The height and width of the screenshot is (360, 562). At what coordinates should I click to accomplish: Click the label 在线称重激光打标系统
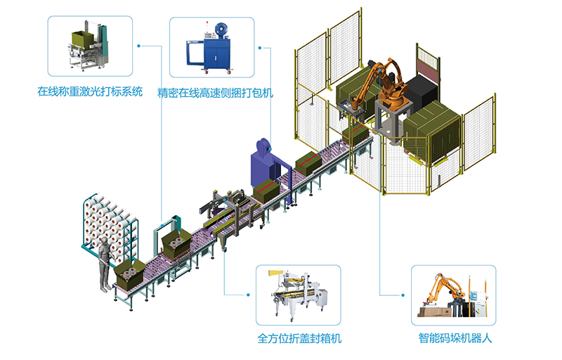(x=90, y=91)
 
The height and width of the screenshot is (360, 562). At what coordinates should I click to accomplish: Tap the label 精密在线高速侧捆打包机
(x=215, y=93)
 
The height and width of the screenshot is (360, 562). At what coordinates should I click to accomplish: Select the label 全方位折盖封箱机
(x=299, y=338)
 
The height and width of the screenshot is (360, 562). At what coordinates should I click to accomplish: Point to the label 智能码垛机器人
(x=455, y=337)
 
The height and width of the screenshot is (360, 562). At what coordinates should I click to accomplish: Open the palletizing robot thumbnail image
(x=452, y=295)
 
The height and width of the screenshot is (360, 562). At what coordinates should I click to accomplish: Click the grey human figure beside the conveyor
(x=105, y=264)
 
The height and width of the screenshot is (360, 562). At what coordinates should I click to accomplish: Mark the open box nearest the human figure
(x=130, y=274)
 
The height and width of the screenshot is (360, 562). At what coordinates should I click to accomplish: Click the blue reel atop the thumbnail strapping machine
(x=221, y=30)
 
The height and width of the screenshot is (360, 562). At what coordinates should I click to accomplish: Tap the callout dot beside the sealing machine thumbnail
(x=248, y=295)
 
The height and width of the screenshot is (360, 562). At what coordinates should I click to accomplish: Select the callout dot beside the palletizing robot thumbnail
(x=403, y=295)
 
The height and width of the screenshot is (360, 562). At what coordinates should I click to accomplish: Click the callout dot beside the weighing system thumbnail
(x=138, y=46)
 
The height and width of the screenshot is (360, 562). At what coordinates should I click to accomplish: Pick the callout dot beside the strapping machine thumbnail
(x=260, y=48)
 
